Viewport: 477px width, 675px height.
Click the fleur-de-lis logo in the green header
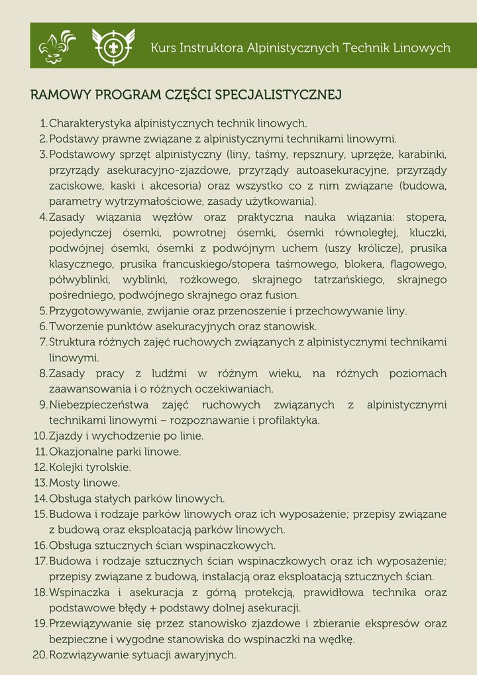tap(57, 46)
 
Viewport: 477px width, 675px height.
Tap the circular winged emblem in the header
tap(113, 46)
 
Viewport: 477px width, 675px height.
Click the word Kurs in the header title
tap(164, 48)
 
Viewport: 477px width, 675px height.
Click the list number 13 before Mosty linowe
tap(39, 483)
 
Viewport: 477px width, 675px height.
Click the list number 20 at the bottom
tap(39, 654)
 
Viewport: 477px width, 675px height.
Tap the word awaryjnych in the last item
tap(206, 654)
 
